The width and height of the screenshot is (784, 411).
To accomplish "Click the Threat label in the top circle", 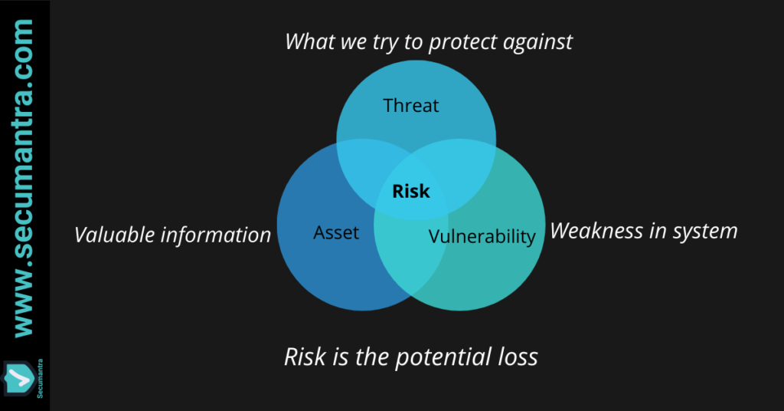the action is [411, 106].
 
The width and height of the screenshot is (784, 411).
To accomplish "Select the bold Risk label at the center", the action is [411, 191].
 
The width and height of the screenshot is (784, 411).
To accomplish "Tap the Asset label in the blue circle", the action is [336, 233].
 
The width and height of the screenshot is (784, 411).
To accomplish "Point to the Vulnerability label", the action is [482, 236].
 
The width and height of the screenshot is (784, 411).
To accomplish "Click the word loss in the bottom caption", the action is [518, 357].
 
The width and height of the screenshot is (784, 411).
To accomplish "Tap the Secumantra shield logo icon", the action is [19, 379].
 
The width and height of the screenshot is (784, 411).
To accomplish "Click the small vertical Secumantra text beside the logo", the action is [40, 379].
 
